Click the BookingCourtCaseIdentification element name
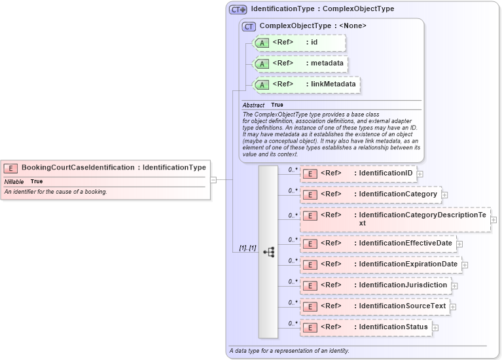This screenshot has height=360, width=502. [x=78, y=168]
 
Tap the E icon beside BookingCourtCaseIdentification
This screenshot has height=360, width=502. [x=11, y=168]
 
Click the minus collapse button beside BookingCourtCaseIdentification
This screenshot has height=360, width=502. [x=213, y=179]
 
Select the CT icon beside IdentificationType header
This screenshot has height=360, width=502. [x=238, y=10]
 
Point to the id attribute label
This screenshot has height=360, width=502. [x=314, y=43]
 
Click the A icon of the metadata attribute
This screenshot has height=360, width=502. [x=262, y=64]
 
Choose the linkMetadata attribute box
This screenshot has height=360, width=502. [x=306, y=84]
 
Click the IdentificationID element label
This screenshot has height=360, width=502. [x=385, y=173]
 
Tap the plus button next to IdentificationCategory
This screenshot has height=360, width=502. [x=444, y=195]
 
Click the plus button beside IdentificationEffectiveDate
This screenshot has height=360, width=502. [x=459, y=244]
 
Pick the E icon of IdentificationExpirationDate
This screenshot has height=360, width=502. [x=310, y=264]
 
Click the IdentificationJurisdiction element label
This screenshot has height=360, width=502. [x=403, y=285]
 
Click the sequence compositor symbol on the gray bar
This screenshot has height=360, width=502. [x=268, y=252]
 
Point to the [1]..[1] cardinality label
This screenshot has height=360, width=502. [x=247, y=248]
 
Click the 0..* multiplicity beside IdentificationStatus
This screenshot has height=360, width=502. [x=293, y=323]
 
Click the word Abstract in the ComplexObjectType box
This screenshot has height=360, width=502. [x=253, y=105]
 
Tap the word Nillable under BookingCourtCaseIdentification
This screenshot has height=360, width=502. [x=14, y=181]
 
